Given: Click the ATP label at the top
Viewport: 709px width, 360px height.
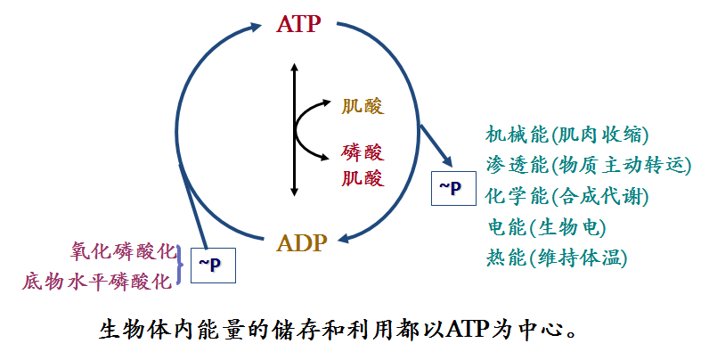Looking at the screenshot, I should click(298, 24).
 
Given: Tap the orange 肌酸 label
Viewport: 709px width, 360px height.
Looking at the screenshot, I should click(363, 107).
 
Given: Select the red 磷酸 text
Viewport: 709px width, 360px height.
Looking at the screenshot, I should click(363, 152).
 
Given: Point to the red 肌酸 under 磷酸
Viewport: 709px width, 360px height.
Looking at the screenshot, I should click(363, 177).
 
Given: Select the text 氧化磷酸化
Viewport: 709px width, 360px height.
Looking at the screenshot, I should click(124, 251).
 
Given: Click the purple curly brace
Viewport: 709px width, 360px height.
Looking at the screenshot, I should click(182, 266).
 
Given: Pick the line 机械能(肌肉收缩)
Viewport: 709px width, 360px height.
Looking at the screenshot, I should click(566, 135).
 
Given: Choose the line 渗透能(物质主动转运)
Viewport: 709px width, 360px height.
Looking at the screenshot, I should click(588, 165).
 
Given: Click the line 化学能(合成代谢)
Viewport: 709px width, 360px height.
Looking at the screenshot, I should click(566, 195).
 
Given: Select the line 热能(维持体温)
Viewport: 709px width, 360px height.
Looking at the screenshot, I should click(557, 258).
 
